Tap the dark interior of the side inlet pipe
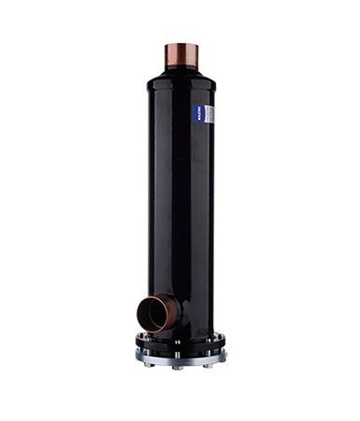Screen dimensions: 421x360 point(151,313)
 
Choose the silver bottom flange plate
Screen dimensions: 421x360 point(182,356)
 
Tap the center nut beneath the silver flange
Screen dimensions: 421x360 point(179,367)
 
